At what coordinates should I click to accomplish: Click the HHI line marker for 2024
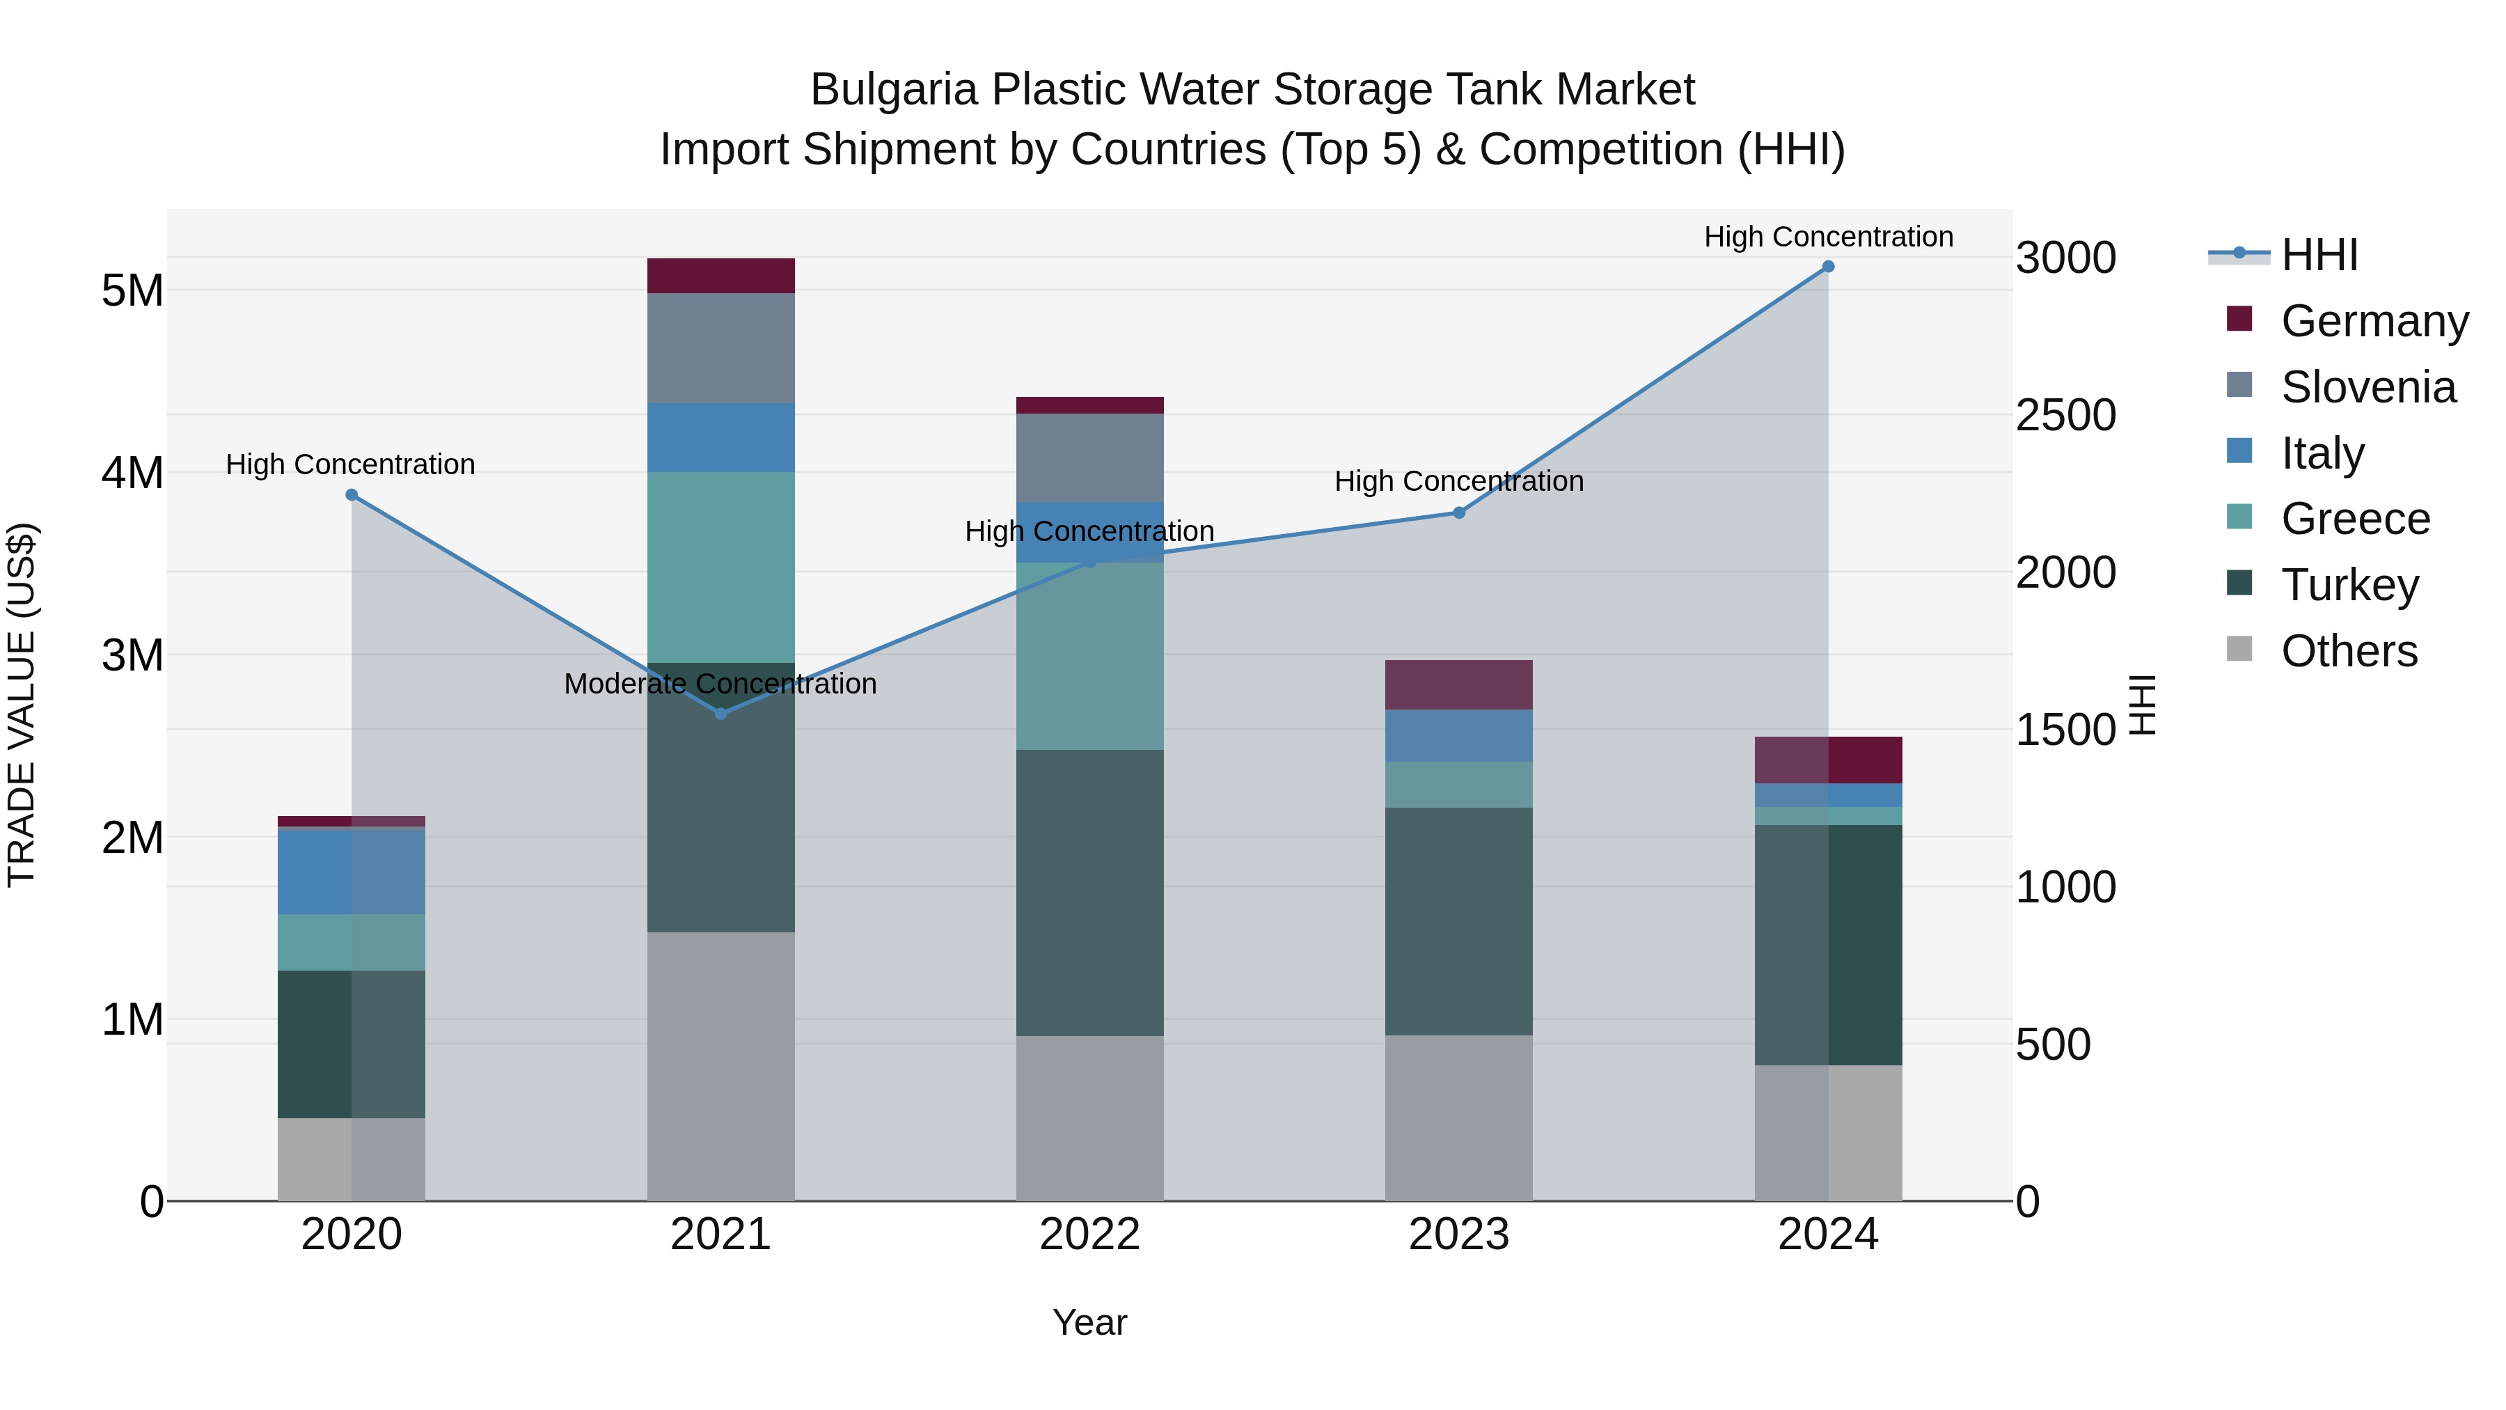[x=1828, y=267]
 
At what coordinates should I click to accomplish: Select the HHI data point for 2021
[x=721, y=713]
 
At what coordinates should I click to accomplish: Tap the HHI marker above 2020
[x=352, y=494]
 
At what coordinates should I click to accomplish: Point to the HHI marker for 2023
[x=1458, y=512]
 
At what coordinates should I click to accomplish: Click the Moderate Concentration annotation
[x=720, y=684]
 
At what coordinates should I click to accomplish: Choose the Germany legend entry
[x=2373, y=321]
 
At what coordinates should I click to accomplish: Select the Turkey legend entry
[x=2349, y=585]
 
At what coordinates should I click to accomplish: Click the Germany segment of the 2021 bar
[x=721, y=275]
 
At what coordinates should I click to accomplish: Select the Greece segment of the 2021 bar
[x=721, y=567]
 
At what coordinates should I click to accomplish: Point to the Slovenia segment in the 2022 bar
[x=1089, y=457]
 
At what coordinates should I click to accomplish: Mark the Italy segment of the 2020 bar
[x=352, y=871]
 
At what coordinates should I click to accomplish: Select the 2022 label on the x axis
[x=1089, y=1235]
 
